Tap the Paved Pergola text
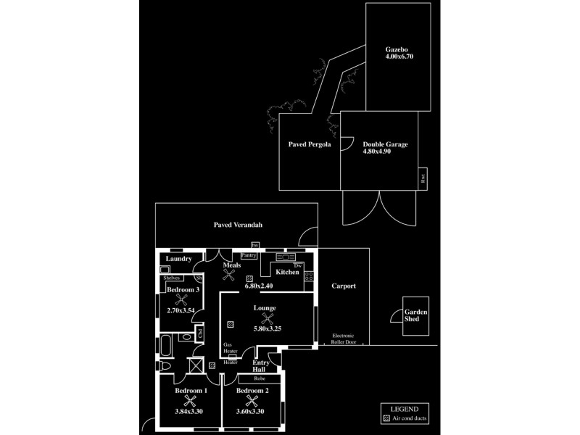click(x=310, y=144)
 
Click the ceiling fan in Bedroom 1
click(x=191, y=400)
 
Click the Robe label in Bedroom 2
click(x=259, y=378)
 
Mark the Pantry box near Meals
click(x=249, y=255)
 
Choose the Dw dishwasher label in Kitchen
click(x=298, y=265)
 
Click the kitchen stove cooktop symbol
click(x=309, y=275)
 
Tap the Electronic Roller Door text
click(x=344, y=339)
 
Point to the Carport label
click(x=344, y=286)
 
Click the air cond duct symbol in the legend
click(x=386, y=418)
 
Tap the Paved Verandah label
click(x=238, y=225)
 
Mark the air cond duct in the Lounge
click(x=231, y=324)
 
